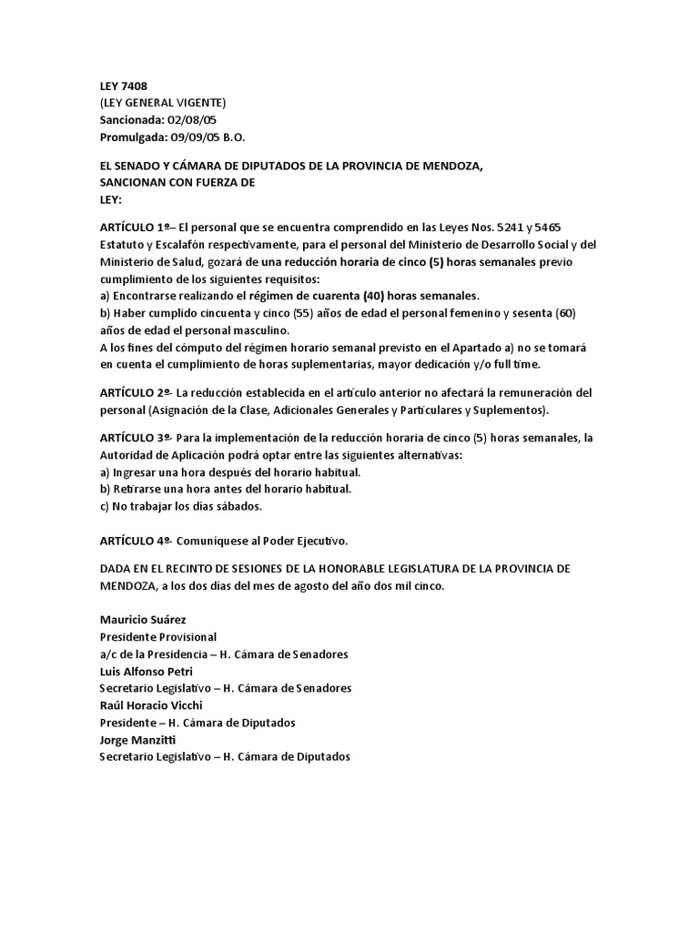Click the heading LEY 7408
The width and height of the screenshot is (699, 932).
point(123,86)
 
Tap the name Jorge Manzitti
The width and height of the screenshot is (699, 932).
point(138,740)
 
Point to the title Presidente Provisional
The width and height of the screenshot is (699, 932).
point(159,637)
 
